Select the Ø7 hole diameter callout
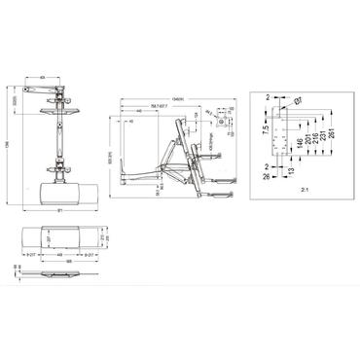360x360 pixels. [300, 100]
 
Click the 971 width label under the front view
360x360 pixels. [61, 211]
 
